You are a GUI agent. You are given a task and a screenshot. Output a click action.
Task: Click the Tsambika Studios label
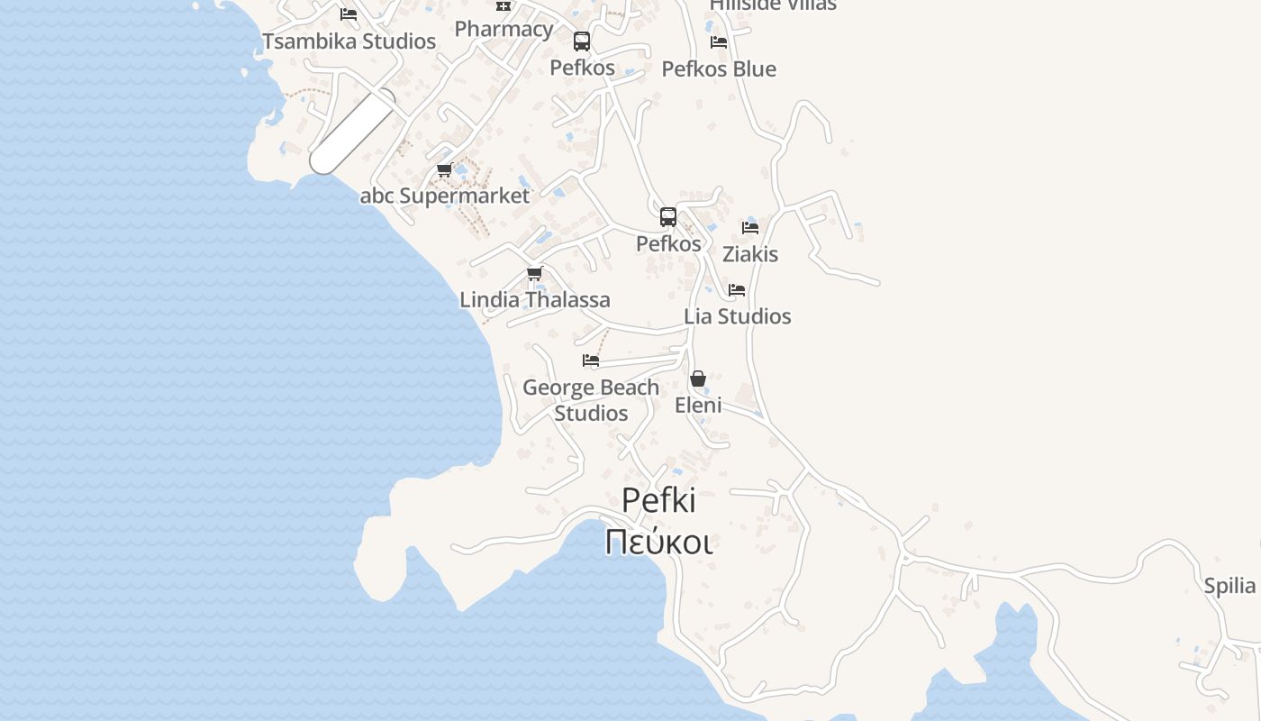(x=349, y=41)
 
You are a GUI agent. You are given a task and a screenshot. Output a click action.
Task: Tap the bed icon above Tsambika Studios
(x=349, y=14)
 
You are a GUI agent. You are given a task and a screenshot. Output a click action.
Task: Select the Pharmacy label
(x=503, y=29)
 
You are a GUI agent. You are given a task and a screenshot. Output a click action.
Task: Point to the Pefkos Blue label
(x=719, y=69)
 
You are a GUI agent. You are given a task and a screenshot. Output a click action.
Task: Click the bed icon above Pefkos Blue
(x=719, y=42)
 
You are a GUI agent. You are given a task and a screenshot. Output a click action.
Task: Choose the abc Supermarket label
(x=445, y=196)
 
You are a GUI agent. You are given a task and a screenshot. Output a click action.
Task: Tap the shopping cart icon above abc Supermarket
(x=444, y=169)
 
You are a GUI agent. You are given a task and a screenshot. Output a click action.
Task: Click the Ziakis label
(x=750, y=254)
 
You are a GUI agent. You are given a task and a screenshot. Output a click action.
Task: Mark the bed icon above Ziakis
(x=750, y=228)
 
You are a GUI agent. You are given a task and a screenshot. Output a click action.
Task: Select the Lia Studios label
(x=738, y=316)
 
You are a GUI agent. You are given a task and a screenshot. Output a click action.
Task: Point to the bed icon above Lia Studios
(x=737, y=290)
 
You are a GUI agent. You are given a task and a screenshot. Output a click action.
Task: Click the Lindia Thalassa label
(x=535, y=300)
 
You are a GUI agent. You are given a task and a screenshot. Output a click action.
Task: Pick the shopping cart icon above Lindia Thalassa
(x=535, y=274)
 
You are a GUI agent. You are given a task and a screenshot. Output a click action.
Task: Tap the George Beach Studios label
(x=591, y=400)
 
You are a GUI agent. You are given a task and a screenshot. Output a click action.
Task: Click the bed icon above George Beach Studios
(x=591, y=360)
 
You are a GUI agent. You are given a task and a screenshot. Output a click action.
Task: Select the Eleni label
(x=698, y=406)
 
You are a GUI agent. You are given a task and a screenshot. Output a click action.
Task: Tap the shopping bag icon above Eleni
(x=698, y=379)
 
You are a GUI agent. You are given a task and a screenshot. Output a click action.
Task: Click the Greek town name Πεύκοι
(x=658, y=543)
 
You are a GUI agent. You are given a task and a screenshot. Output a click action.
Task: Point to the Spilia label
(x=1229, y=587)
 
